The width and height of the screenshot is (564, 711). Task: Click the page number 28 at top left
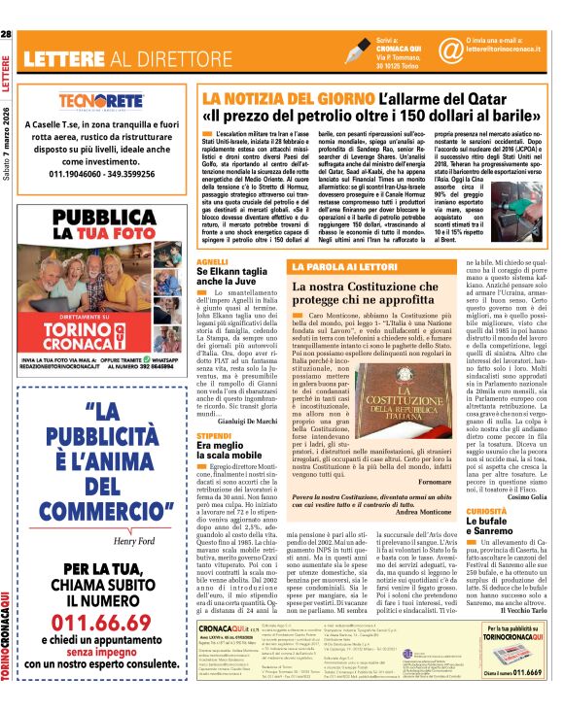[7, 35]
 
